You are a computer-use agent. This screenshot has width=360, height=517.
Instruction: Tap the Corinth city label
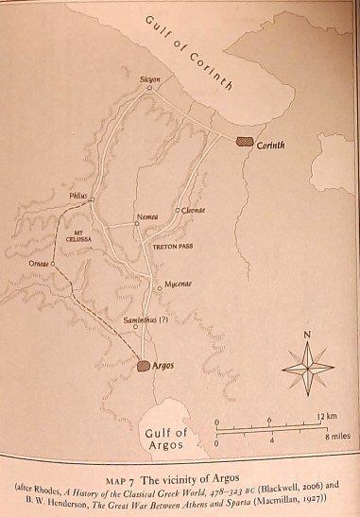tap(270, 145)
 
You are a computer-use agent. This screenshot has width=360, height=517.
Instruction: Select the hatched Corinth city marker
tap(245, 141)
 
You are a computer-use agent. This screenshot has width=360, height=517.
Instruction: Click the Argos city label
tap(163, 365)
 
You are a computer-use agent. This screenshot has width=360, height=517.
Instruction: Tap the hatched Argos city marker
tap(143, 365)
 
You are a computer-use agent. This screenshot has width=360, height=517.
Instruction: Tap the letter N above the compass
tap(306, 334)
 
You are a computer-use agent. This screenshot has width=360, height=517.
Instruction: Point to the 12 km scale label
tap(327, 417)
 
